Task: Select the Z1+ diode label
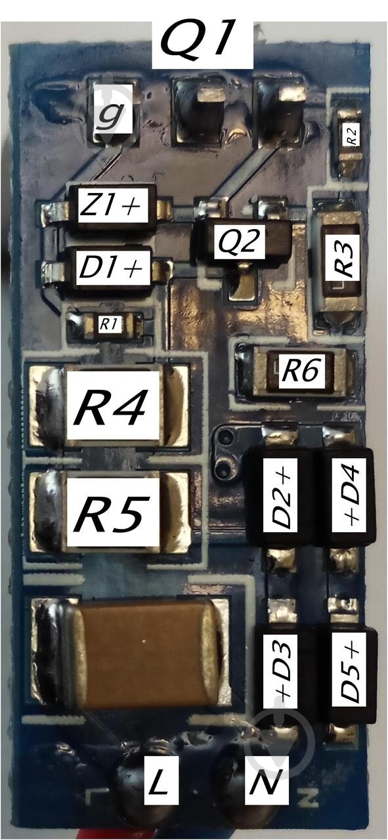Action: pyautogui.click(x=112, y=205)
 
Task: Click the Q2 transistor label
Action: pyautogui.click(x=239, y=241)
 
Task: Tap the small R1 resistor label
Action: pyautogui.click(x=110, y=324)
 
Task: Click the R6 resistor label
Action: pyautogui.click(x=301, y=370)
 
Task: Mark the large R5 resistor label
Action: pyautogui.click(x=112, y=513)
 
